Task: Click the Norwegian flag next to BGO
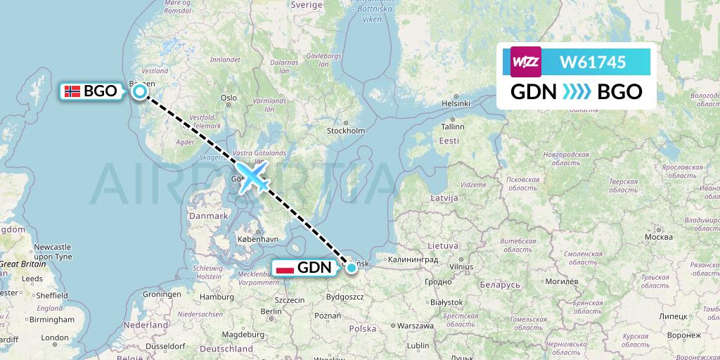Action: [x=72, y=91]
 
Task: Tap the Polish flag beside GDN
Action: [x=285, y=267]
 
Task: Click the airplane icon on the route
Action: [x=254, y=175]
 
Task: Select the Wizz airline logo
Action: [x=525, y=62]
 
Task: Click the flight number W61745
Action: [x=592, y=63]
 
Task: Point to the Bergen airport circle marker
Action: [x=140, y=91]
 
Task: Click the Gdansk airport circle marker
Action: [x=351, y=266]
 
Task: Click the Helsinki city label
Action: [x=456, y=103]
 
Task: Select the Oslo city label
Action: [x=229, y=98]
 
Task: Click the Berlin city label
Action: [x=271, y=311]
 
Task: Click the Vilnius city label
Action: [x=461, y=267]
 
